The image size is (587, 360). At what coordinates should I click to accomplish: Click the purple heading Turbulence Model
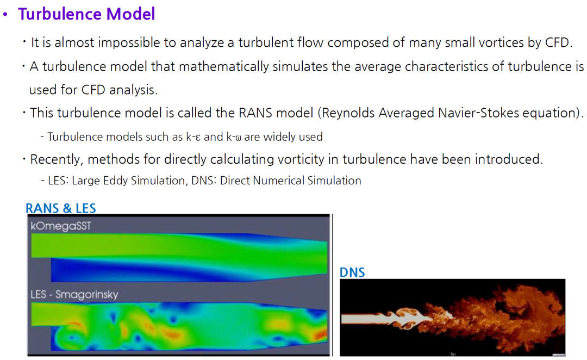coord(86,14)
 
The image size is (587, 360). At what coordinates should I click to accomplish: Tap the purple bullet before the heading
coord(5,15)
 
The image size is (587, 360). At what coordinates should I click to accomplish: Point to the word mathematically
coord(224,67)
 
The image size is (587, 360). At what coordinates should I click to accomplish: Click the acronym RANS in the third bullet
coord(255,113)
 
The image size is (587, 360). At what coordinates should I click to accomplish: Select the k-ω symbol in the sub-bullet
coord(234,137)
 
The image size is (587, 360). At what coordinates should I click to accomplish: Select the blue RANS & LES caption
coord(61,208)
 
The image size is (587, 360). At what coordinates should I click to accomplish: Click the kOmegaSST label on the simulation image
coord(61,226)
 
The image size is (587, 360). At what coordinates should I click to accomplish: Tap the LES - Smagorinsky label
coord(74,294)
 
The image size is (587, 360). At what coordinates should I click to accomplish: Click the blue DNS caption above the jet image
coord(352,272)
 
